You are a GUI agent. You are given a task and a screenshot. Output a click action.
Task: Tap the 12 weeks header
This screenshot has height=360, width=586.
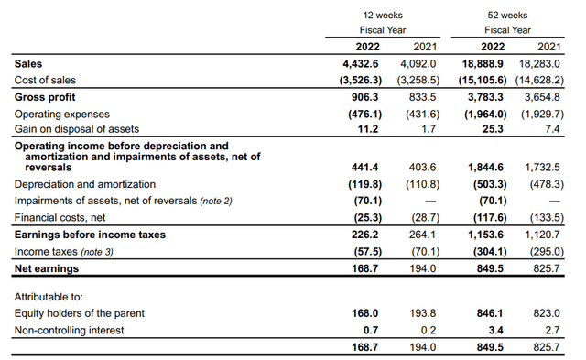tap(383, 16)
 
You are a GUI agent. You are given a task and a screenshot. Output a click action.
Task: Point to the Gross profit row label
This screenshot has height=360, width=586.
tap(46, 96)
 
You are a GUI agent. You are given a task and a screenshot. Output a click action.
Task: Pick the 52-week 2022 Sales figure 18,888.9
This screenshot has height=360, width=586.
tap(499, 63)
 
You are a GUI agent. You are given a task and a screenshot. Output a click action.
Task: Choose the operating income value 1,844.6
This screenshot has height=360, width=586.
tap(500, 168)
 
